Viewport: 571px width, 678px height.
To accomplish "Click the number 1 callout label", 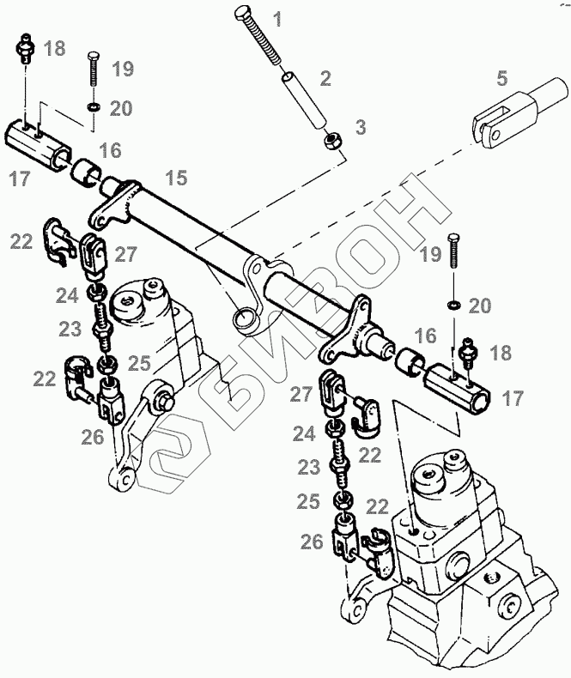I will coord(276,17).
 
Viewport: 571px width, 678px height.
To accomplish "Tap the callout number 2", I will coord(325,80).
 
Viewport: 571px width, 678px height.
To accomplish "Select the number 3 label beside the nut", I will coord(361,129).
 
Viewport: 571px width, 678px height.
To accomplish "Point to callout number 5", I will coord(501,80).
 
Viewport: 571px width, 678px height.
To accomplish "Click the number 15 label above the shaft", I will coord(176,179).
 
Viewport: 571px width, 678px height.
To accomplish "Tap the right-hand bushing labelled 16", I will coord(411,362).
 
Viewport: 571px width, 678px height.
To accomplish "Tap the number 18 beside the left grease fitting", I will coord(53,48).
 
